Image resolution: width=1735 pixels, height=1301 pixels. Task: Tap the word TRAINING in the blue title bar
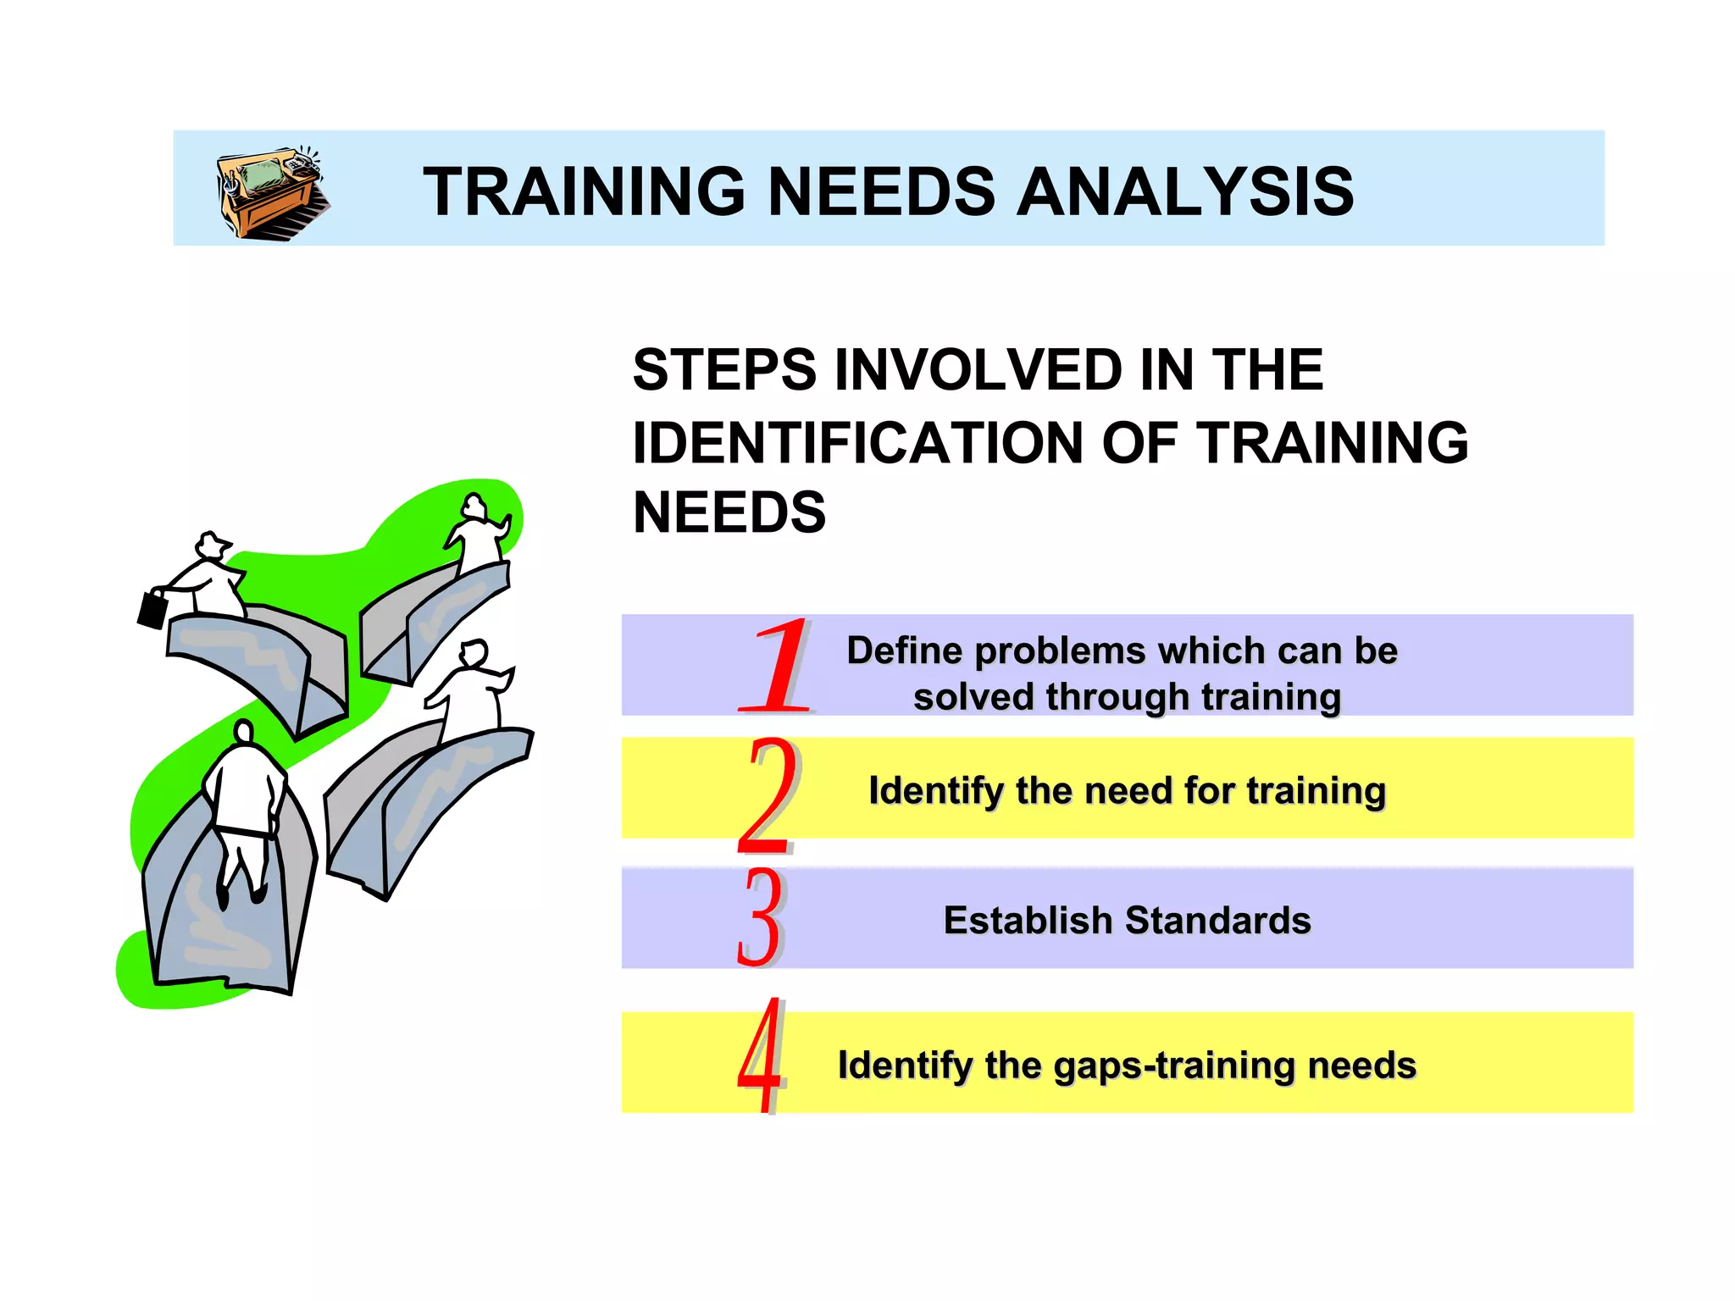pyautogui.click(x=585, y=191)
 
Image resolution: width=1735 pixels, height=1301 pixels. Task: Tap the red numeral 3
pyautogui.click(x=759, y=917)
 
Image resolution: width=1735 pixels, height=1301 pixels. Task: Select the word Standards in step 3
pyautogui.click(x=1218, y=921)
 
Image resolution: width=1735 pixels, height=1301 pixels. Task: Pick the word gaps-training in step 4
pyautogui.click(x=1176, y=1066)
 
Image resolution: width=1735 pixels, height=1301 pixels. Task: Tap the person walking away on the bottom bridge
pyautogui.click(x=244, y=805)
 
